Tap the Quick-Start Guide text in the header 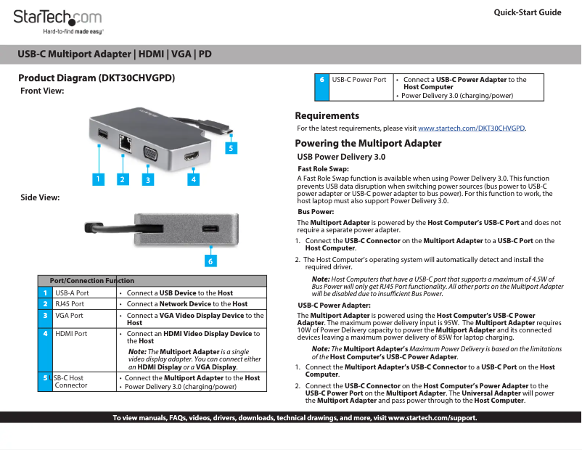pyautogui.click(x=527, y=12)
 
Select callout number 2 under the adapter pyautogui.click(x=122, y=178)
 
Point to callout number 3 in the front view pyautogui.click(x=147, y=178)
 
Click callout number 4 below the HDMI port pyautogui.click(x=193, y=178)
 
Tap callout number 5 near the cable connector pyautogui.click(x=230, y=148)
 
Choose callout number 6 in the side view pyautogui.click(x=210, y=260)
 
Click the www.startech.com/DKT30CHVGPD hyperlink pyautogui.click(x=471, y=128)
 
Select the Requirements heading pyautogui.click(x=327, y=116)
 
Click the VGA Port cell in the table pyautogui.click(x=69, y=316)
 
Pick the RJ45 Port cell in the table pyautogui.click(x=70, y=304)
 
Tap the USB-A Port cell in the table pyautogui.click(x=72, y=292)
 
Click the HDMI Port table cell pyautogui.click(x=71, y=334)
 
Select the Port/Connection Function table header pyautogui.click(x=91, y=281)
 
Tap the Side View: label pyautogui.click(x=40, y=197)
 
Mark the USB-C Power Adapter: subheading pyautogui.click(x=335, y=306)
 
